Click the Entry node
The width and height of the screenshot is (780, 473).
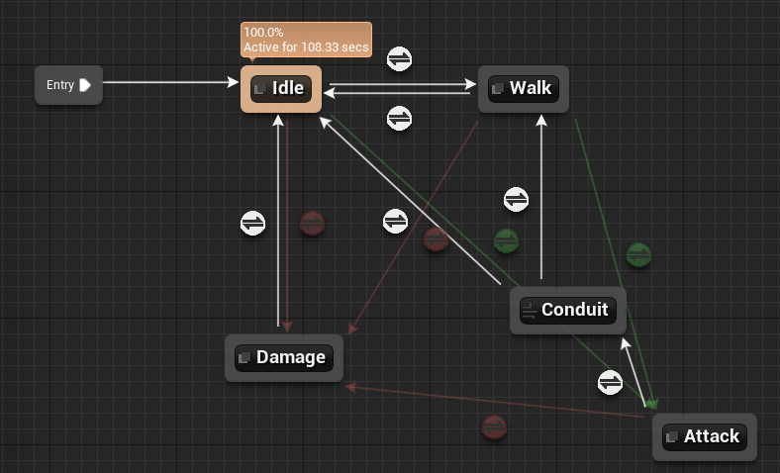68,85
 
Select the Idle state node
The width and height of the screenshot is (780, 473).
281,89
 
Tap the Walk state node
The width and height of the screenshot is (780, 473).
524,89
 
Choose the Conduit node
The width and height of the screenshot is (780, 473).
567,311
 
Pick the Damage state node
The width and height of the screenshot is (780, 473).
284,358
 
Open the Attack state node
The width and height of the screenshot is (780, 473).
705,437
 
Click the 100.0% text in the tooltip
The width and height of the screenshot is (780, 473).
263,33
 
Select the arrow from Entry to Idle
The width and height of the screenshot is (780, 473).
170,82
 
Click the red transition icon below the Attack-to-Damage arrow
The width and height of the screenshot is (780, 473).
495,427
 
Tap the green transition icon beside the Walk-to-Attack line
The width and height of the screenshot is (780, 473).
639,255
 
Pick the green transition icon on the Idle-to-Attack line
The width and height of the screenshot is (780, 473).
507,241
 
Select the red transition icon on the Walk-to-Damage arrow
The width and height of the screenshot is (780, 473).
436,239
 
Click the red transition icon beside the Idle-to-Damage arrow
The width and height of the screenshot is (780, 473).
313,224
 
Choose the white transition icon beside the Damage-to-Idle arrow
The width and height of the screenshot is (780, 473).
252,223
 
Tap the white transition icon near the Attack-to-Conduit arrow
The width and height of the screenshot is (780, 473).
611,383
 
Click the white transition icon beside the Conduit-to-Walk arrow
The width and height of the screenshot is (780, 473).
516,200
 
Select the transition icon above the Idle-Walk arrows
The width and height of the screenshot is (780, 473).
400,59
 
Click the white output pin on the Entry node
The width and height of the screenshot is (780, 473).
85,85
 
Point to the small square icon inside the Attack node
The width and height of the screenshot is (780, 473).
671,437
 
